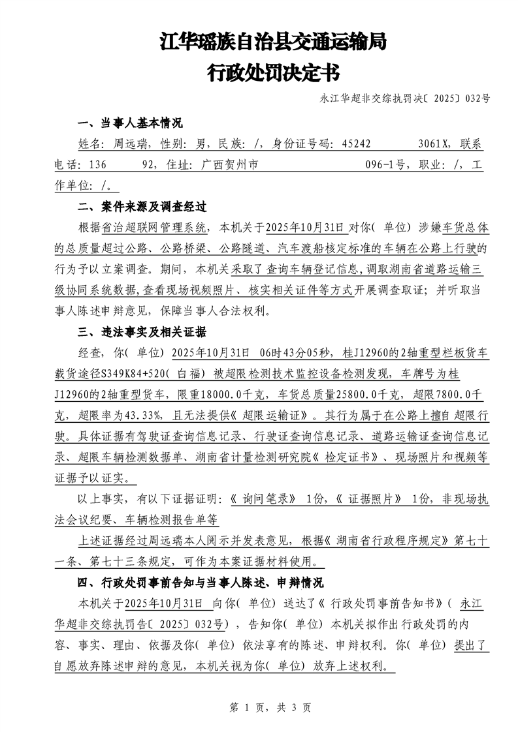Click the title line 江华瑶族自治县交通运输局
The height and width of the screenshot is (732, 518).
273,43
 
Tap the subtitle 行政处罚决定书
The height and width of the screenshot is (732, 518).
273,72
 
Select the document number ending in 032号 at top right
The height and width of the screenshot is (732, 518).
405,99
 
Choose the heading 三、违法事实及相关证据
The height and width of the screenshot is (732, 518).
142,333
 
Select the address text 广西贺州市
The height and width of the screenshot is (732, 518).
225,166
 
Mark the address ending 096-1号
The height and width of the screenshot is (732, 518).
385,166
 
